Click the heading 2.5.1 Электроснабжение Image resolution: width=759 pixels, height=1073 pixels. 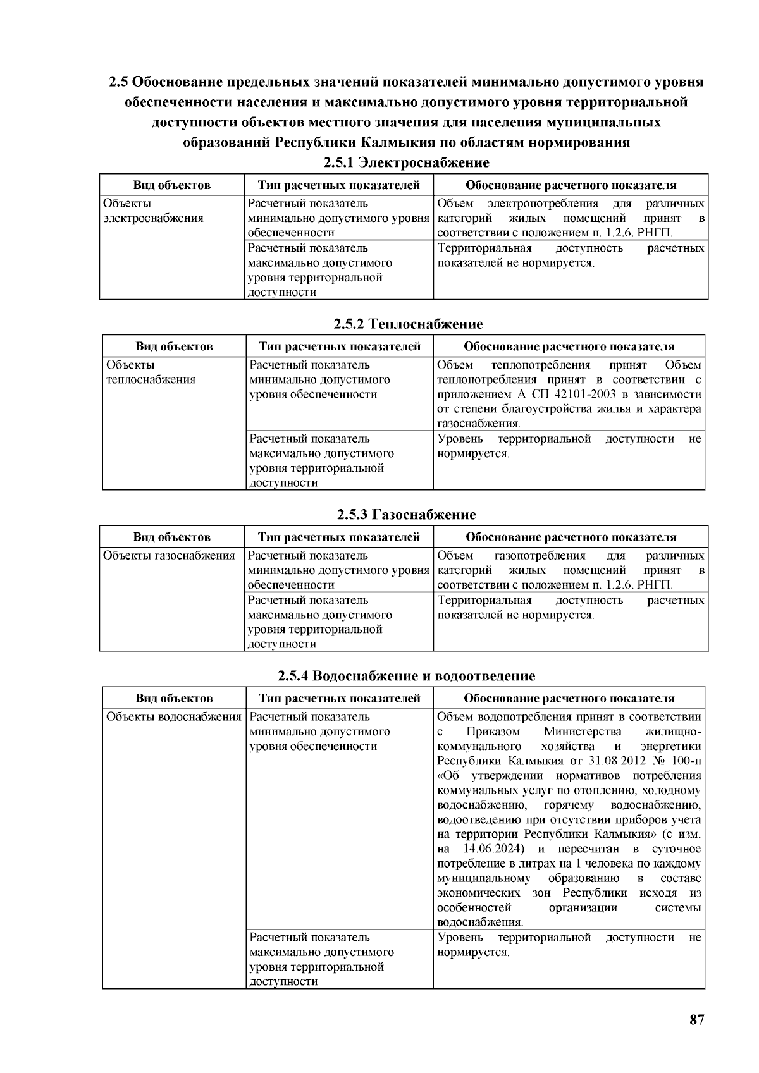pyautogui.click(x=406, y=162)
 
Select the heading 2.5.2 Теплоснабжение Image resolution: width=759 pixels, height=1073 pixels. pyautogui.click(x=408, y=324)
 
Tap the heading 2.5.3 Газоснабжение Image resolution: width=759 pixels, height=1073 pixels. pyautogui.click(x=406, y=514)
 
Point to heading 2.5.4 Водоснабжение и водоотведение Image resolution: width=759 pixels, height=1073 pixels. pyautogui.click(x=406, y=675)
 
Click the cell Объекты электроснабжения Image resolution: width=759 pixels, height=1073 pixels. pyautogui.click(x=153, y=211)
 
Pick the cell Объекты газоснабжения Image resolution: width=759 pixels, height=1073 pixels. pyautogui.click(x=169, y=556)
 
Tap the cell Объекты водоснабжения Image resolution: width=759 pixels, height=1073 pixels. pyautogui.click(x=174, y=717)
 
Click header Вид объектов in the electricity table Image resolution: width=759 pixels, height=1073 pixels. pyautogui.click(x=171, y=185)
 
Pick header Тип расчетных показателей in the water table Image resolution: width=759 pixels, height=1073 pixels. pyautogui.click(x=339, y=698)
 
